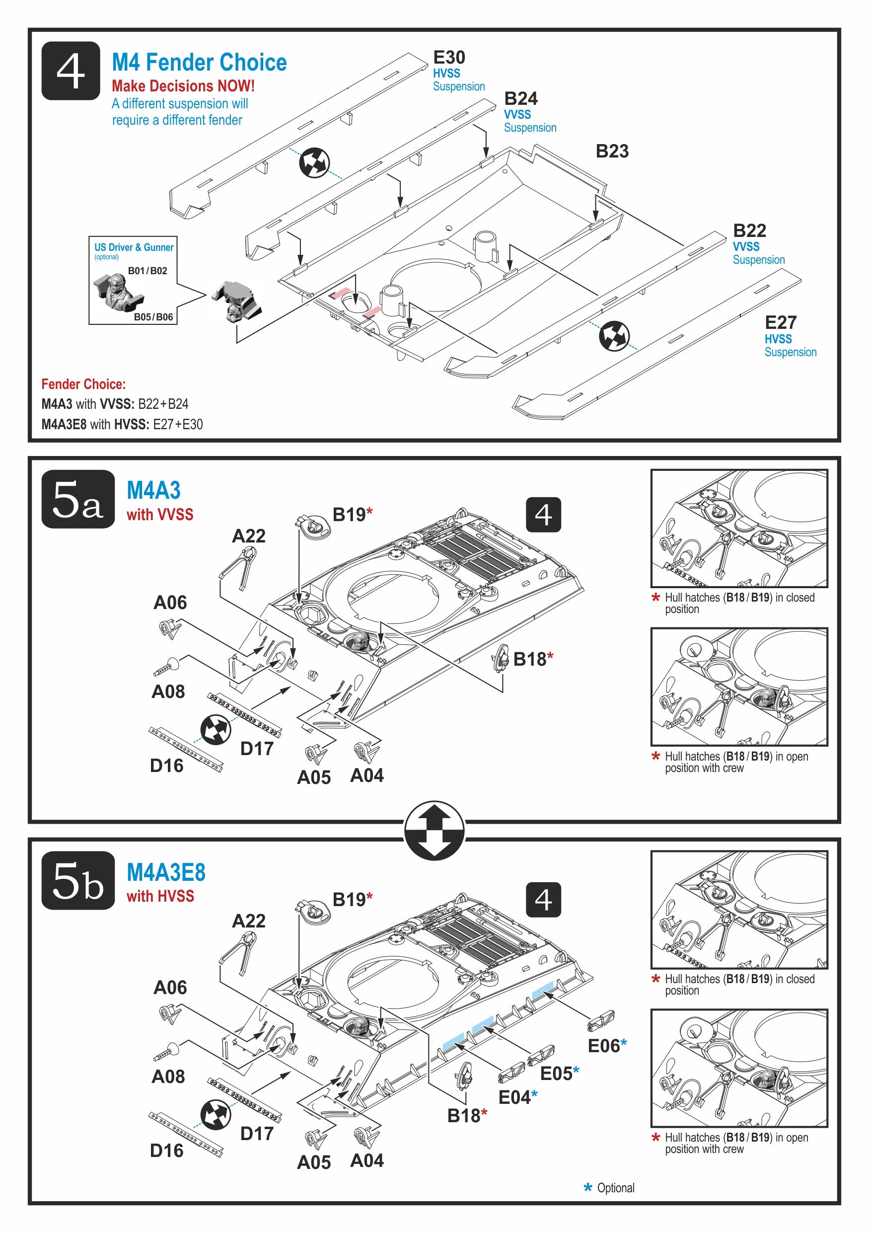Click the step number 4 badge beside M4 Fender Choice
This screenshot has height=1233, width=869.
tap(71, 71)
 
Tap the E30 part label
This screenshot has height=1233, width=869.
tap(449, 58)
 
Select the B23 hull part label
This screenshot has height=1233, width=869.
tap(611, 152)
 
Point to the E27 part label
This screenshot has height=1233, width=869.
tap(780, 323)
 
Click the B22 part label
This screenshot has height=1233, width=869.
tap(749, 231)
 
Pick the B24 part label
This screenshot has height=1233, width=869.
tap(520, 99)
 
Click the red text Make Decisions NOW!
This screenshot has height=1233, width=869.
tap(183, 86)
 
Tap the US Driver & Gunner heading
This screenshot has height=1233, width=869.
tap(134, 247)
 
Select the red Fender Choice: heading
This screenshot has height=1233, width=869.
tap(83, 385)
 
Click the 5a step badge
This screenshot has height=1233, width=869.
tap(78, 499)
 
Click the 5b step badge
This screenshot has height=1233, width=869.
tap(78, 881)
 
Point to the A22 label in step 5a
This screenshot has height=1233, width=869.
tap(248, 536)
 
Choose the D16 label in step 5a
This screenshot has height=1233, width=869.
tap(166, 766)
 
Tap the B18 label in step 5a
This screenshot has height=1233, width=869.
tap(529, 659)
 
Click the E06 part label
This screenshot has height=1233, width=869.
tap(604, 1046)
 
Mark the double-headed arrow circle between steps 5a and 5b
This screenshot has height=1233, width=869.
tap(434, 831)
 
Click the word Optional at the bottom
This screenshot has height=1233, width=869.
tap(615, 1188)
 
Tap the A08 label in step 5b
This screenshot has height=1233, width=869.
tap(168, 1077)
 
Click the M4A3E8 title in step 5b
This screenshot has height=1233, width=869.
tap(166, 873)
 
